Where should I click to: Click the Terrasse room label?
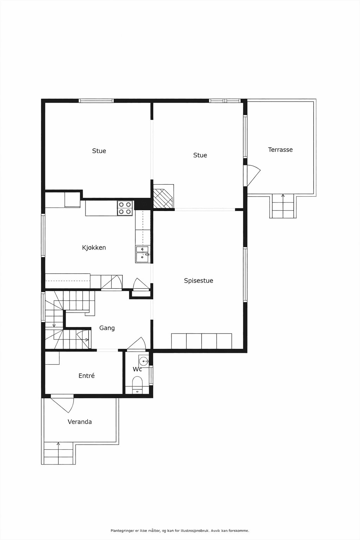280,149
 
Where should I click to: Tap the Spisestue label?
198,281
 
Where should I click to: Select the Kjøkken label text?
94,247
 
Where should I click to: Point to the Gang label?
107,328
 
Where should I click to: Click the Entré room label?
86,375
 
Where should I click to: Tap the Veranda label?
79,422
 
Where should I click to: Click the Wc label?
137,369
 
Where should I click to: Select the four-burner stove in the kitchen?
125,208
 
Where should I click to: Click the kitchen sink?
142,254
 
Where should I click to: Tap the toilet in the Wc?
137,385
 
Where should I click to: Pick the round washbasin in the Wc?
143,361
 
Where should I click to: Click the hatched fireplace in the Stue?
163,196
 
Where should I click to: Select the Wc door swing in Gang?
136,343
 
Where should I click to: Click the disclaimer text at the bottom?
180,531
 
